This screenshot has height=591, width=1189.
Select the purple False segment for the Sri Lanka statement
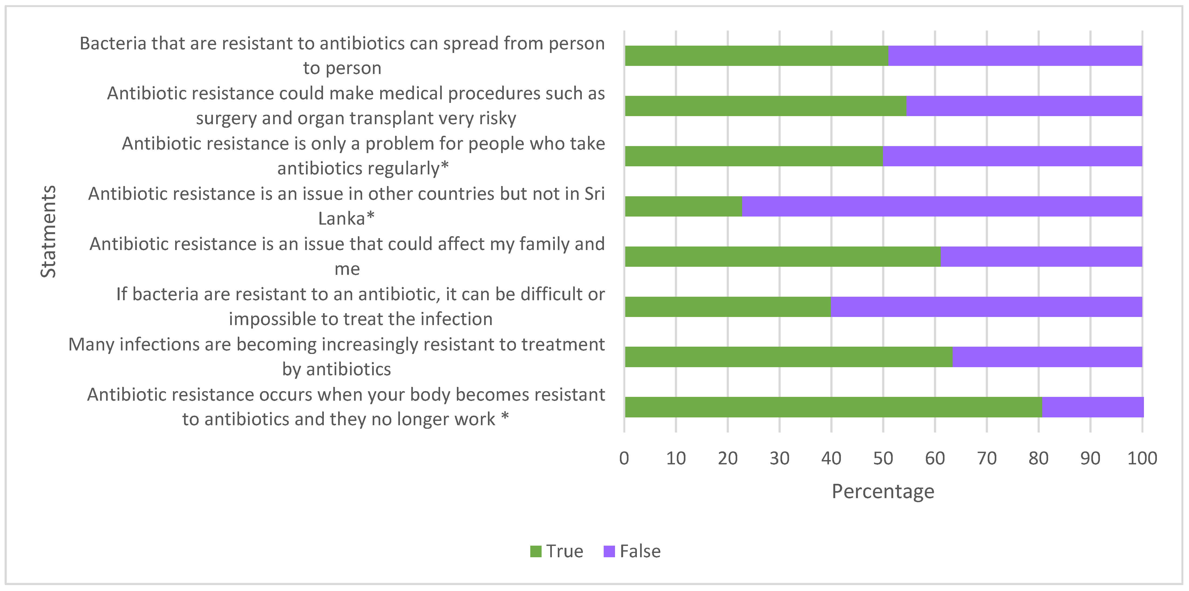(942, 206)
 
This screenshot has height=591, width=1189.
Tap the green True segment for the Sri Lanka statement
(683, 206)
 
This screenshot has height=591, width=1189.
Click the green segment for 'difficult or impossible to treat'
(728, 307)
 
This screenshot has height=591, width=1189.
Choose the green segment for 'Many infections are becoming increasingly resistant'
(788, 357)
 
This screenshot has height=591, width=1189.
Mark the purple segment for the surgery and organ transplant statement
(1024, 106)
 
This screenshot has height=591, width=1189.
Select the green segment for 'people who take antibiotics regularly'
(754, 156)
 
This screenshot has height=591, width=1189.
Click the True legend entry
(557, 551)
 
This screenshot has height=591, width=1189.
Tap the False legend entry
(632, 551)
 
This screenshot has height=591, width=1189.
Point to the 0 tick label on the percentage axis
(624, 458)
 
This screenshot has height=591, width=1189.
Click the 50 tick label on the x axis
(883, 458)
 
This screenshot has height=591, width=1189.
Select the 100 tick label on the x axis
(1142, 458)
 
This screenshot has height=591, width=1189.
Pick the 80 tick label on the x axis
(1038, 458)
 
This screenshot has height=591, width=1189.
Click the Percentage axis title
(883, 491)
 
